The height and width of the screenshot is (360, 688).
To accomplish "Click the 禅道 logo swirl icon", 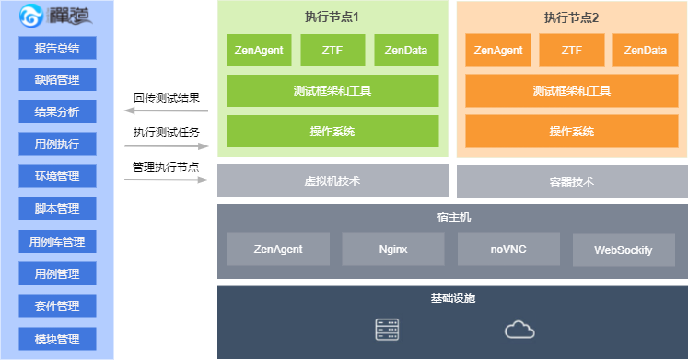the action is pos(31,16).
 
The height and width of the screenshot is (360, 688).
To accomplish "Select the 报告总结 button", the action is pos(57,48).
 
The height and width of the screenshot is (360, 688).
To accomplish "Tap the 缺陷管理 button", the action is pos(57,79).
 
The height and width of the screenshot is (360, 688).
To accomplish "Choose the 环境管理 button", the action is pos(57,176).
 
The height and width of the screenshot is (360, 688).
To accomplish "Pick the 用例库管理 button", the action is pos(57,241).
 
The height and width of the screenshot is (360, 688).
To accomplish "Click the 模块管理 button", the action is pos(57,339).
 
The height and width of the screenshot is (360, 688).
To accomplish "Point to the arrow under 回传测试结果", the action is pos(167,110).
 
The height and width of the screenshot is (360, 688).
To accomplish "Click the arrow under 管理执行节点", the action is pos(167,180).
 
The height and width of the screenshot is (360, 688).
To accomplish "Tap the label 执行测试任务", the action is pos(167,132).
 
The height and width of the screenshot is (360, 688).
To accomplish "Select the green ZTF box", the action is pos(332,50).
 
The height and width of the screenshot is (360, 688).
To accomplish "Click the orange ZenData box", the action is pos(646,50).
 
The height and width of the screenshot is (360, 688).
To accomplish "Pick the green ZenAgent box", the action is pos(259,50).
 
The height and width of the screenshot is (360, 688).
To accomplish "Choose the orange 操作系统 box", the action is pos(572,131).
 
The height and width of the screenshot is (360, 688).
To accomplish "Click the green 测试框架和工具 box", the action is pos(332,90).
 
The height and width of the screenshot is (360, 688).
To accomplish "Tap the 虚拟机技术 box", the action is pos(332,180).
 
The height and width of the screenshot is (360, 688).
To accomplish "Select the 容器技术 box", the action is pos(572,181).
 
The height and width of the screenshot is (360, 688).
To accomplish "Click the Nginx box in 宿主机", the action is pos(393,250).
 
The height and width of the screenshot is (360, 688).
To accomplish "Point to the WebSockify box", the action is pos(624,250).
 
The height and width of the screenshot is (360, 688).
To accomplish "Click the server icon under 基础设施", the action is pos(387,330).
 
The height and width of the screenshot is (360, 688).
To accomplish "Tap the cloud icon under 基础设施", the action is pos(519,330).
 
